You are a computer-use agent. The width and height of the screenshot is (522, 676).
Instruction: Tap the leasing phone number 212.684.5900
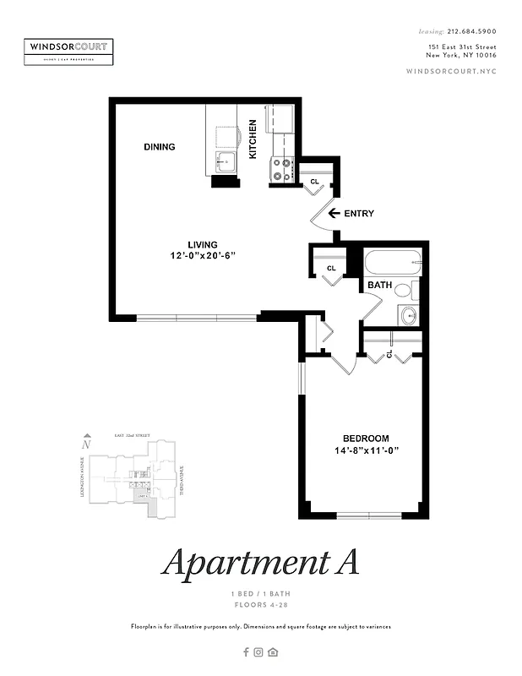(470, 31)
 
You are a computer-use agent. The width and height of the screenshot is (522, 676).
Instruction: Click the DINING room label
(159, 147)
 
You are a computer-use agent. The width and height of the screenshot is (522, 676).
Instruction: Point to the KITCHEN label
(253, 140)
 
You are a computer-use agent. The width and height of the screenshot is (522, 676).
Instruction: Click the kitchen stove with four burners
(281, 171)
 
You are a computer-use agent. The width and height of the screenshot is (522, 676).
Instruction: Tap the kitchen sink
(224, 162)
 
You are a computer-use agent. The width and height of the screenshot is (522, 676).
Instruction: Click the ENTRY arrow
(334, 214)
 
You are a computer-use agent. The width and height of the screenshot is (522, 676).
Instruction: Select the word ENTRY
(359, 214)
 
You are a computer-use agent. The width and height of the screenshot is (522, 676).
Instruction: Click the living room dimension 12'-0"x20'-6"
(203, 255)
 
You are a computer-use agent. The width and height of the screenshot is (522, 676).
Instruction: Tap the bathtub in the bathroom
(392, 262)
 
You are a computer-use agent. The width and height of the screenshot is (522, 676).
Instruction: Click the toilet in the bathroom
(405, 292)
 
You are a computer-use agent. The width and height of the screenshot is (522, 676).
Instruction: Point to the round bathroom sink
(409, 317)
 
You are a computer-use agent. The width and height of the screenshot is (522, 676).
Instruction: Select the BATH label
(379, 286)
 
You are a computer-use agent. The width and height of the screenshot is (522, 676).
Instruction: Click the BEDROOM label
(366, 438)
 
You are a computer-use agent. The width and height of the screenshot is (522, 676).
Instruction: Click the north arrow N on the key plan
(85, 443)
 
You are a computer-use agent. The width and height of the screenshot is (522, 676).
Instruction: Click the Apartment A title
(260, 562)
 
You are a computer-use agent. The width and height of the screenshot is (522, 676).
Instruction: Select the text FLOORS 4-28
(260, 605)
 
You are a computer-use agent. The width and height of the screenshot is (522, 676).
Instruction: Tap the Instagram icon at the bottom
(259, 651)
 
